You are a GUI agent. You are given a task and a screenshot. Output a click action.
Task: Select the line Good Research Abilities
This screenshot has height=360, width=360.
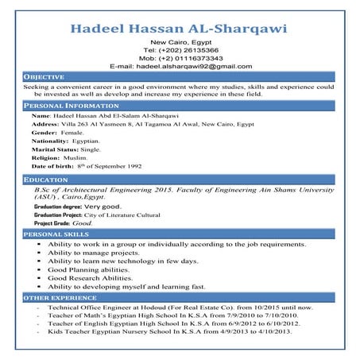pyautogui.click(x=90, y=278)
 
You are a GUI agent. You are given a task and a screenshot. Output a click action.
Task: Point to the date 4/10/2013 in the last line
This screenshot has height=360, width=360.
pyautogui.click(x=270, y=331)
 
